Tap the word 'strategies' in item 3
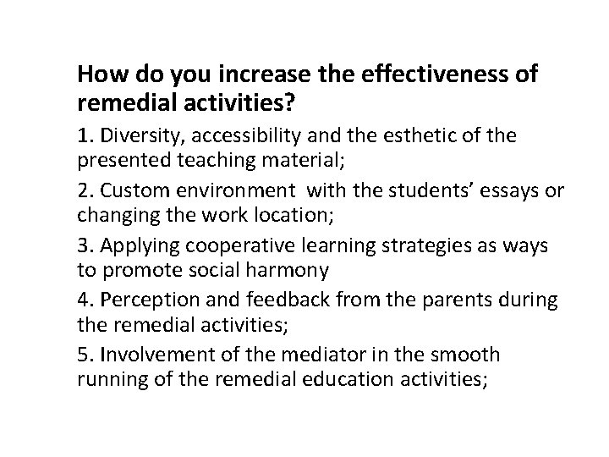pyautogui.click(x=407, y=245)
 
